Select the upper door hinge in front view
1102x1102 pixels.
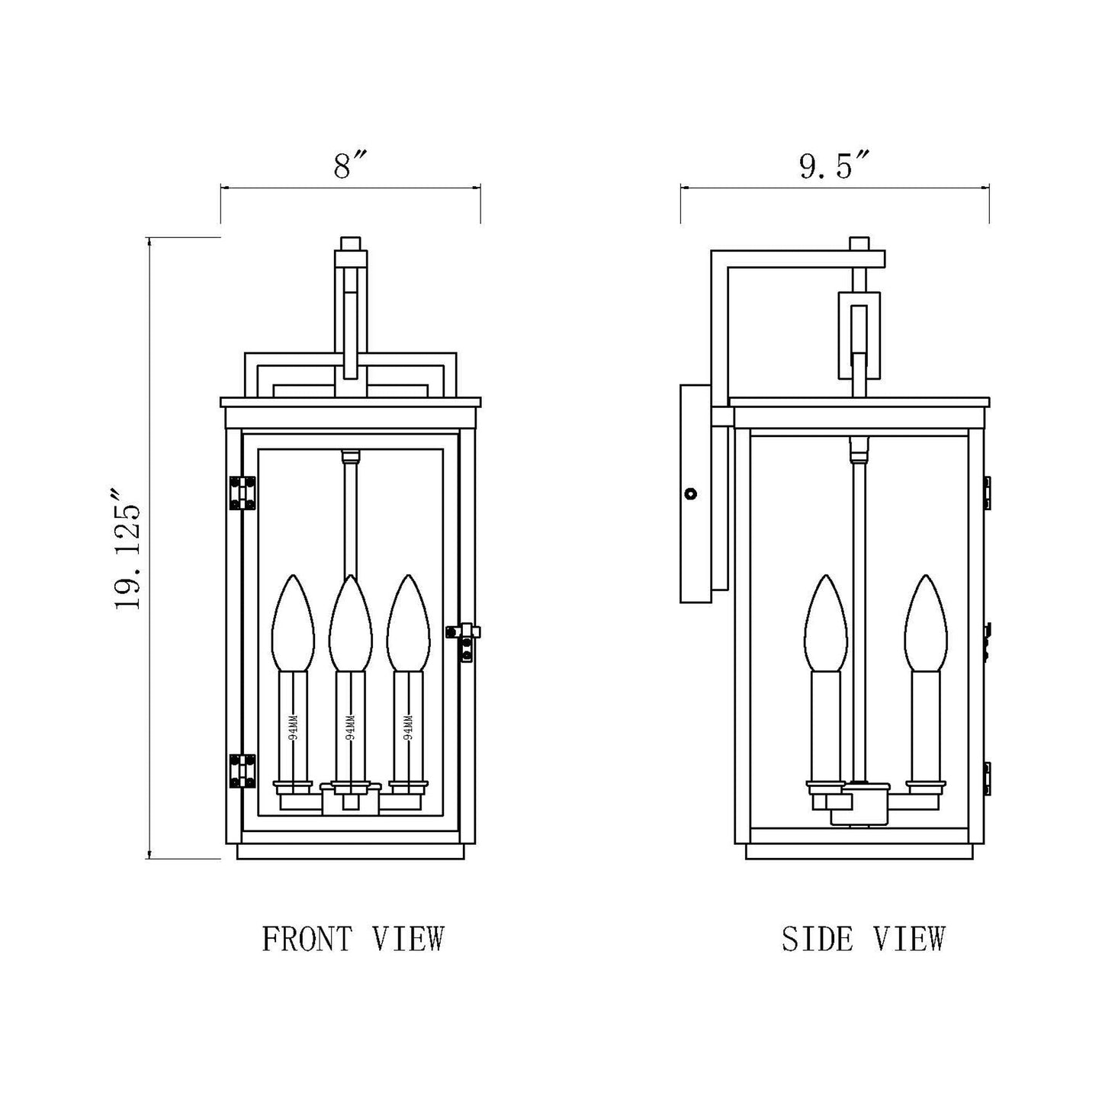point(243,493)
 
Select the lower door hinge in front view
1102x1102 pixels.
point(243,770)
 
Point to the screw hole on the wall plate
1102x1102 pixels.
point(691,493)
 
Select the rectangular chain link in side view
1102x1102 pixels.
point(859,336)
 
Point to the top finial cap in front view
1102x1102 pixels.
point(351,244)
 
